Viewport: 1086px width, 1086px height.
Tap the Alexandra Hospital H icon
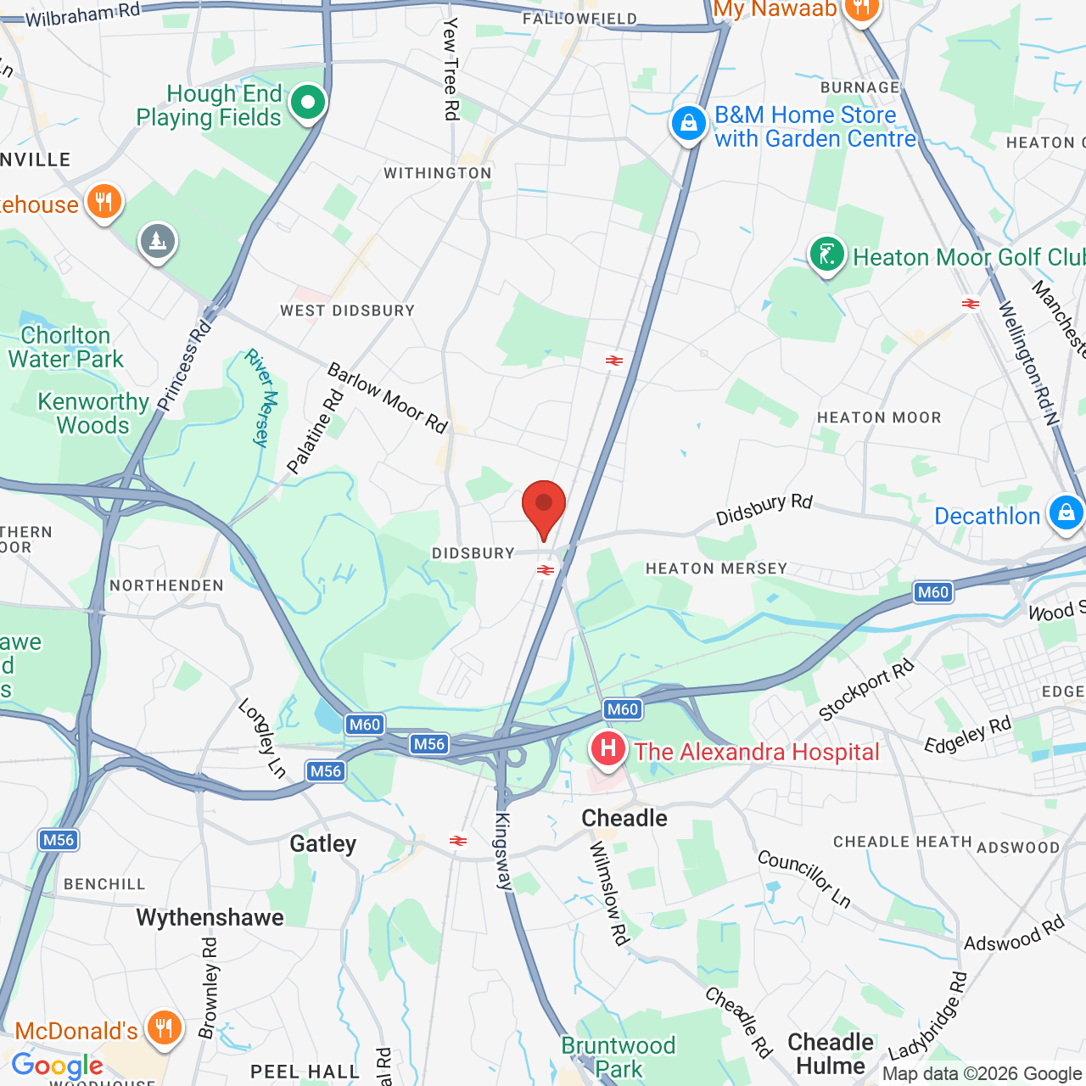pos(608,749)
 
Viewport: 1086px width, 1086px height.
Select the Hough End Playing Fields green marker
pos(307,104)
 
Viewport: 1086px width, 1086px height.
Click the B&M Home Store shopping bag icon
pos(688,124)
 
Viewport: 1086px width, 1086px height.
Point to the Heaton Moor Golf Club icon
pos(826,254)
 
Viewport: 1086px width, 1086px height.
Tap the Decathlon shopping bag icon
pos(1066,513)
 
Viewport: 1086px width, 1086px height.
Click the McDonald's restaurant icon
pos(163,1028)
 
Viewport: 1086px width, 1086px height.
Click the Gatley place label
pos(323,843)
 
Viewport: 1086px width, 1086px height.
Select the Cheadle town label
pos(624,818)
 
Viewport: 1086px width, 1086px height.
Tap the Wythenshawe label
pos(210,917)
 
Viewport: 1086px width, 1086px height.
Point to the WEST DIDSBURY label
pos(348,311)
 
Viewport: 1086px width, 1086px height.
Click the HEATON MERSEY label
pos(716,568)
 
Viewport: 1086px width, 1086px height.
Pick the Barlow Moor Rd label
pos(388,398)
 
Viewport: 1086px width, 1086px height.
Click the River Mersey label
pos(262,398)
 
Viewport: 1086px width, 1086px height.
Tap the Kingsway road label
pos(503,851)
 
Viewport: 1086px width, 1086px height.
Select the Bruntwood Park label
pos(619,1057)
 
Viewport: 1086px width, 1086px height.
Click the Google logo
pos(58,1066)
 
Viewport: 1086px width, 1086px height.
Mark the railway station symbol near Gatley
pos(458,841)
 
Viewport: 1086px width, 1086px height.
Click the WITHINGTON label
pos(438,173)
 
